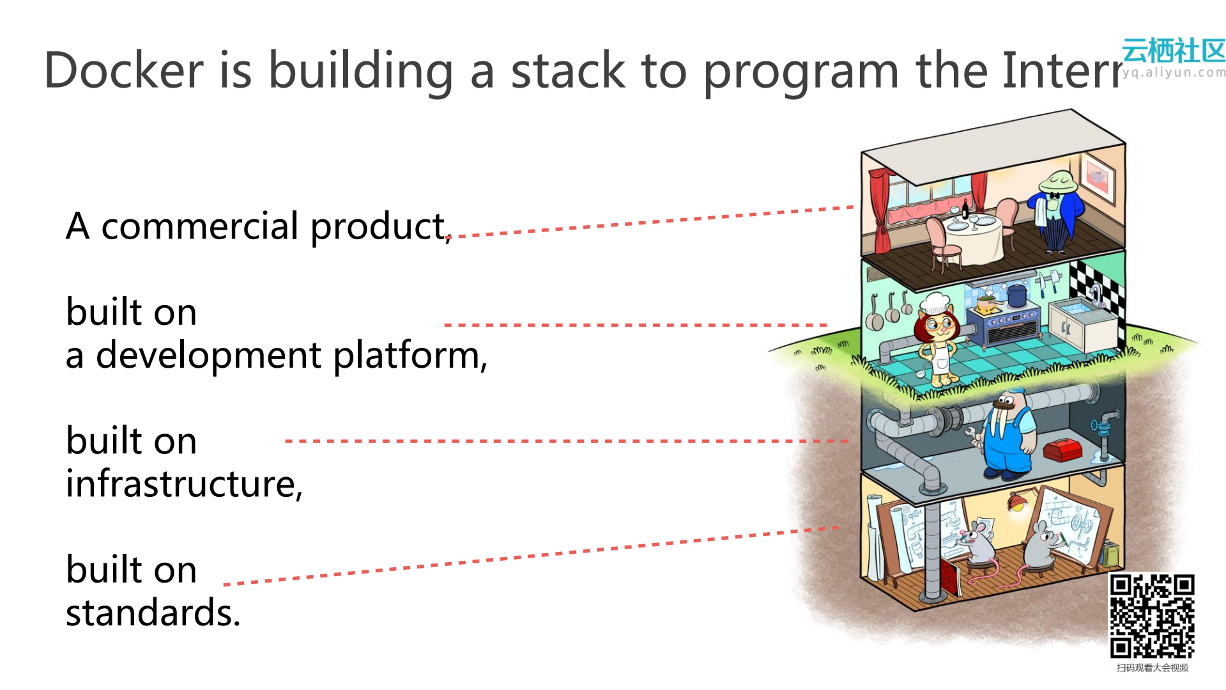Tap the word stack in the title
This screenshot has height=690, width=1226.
pos(567,70)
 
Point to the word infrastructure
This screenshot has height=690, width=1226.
pos(183,484)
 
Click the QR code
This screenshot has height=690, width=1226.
pos(1152,616)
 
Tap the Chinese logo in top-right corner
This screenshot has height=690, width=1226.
pos(1174,51)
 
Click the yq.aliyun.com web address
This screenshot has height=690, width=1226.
pos(1174,72)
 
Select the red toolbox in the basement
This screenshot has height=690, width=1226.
pos(1062,450)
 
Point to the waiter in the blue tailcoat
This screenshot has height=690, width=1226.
pos(1057,211)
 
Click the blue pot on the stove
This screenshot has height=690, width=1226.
pos(1016,295)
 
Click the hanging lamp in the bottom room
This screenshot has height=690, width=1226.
pos(1016,502)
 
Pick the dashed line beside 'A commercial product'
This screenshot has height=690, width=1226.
pos(652,221)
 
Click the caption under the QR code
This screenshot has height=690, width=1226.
pos(1152,668)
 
